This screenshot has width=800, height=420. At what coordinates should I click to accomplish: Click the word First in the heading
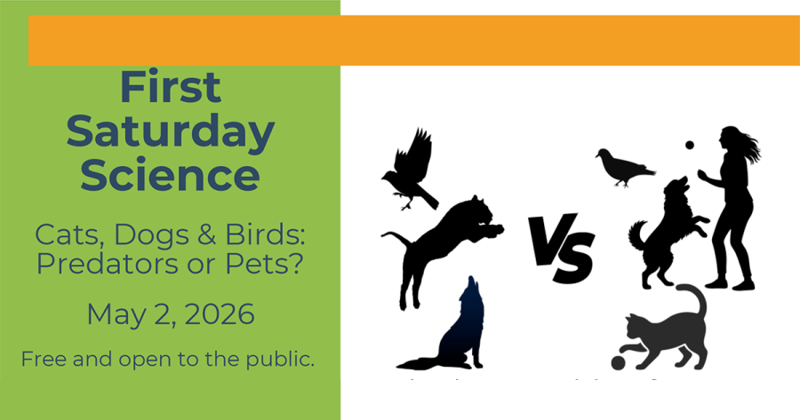[x=170, y=88]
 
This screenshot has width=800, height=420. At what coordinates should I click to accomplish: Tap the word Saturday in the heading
[x=170, y=132]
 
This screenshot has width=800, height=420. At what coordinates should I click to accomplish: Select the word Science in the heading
[x=170, y=176]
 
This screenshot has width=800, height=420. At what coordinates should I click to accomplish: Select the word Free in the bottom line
[x=44, y=360]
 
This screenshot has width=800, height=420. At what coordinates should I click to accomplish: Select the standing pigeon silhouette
[x=623, y=167]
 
